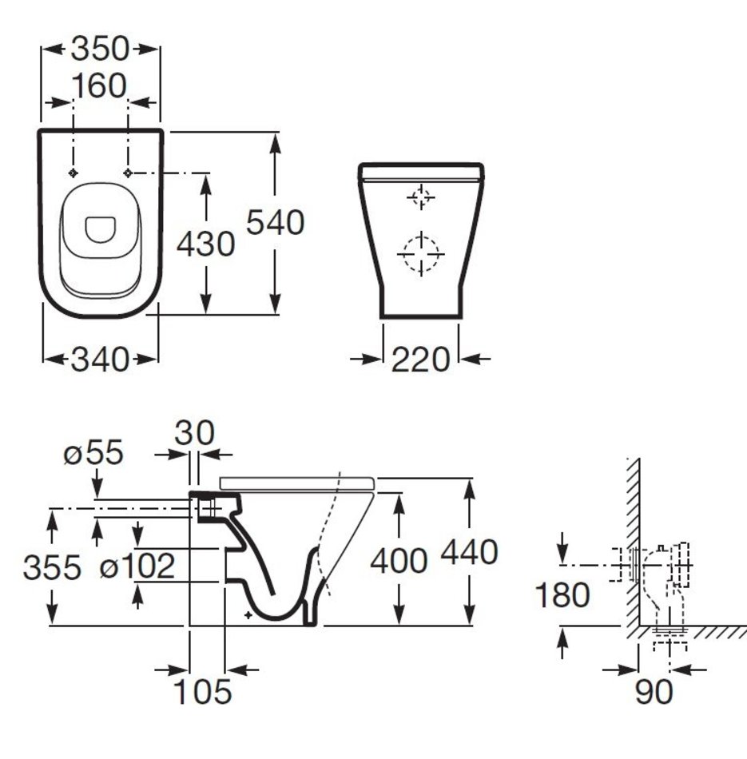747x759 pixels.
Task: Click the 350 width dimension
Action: [100, 49]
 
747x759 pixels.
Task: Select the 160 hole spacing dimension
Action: [100, 86]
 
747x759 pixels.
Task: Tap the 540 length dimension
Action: [276, 223]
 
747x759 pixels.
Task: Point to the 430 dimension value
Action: [206, 244]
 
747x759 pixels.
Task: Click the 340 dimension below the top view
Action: [100, 360]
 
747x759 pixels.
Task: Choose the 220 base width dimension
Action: [421, 360]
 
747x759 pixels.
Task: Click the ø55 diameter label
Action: [93, 453]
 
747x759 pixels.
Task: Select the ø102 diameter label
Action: [137, 566]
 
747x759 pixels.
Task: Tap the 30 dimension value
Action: [195, 433]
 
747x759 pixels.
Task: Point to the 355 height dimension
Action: [52, 567]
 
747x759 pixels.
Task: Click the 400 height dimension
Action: [399, 561]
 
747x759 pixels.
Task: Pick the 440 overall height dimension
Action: [469, 552]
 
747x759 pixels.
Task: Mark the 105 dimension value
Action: [202, 692]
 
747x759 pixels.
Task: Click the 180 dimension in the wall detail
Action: [562, 595]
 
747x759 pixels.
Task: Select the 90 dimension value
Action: [654, 692]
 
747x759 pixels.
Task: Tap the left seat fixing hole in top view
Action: [74, 173]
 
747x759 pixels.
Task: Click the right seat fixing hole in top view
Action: [128, 173]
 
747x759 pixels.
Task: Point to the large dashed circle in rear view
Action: [421, 236]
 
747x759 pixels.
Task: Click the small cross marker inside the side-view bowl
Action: [248, 615]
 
